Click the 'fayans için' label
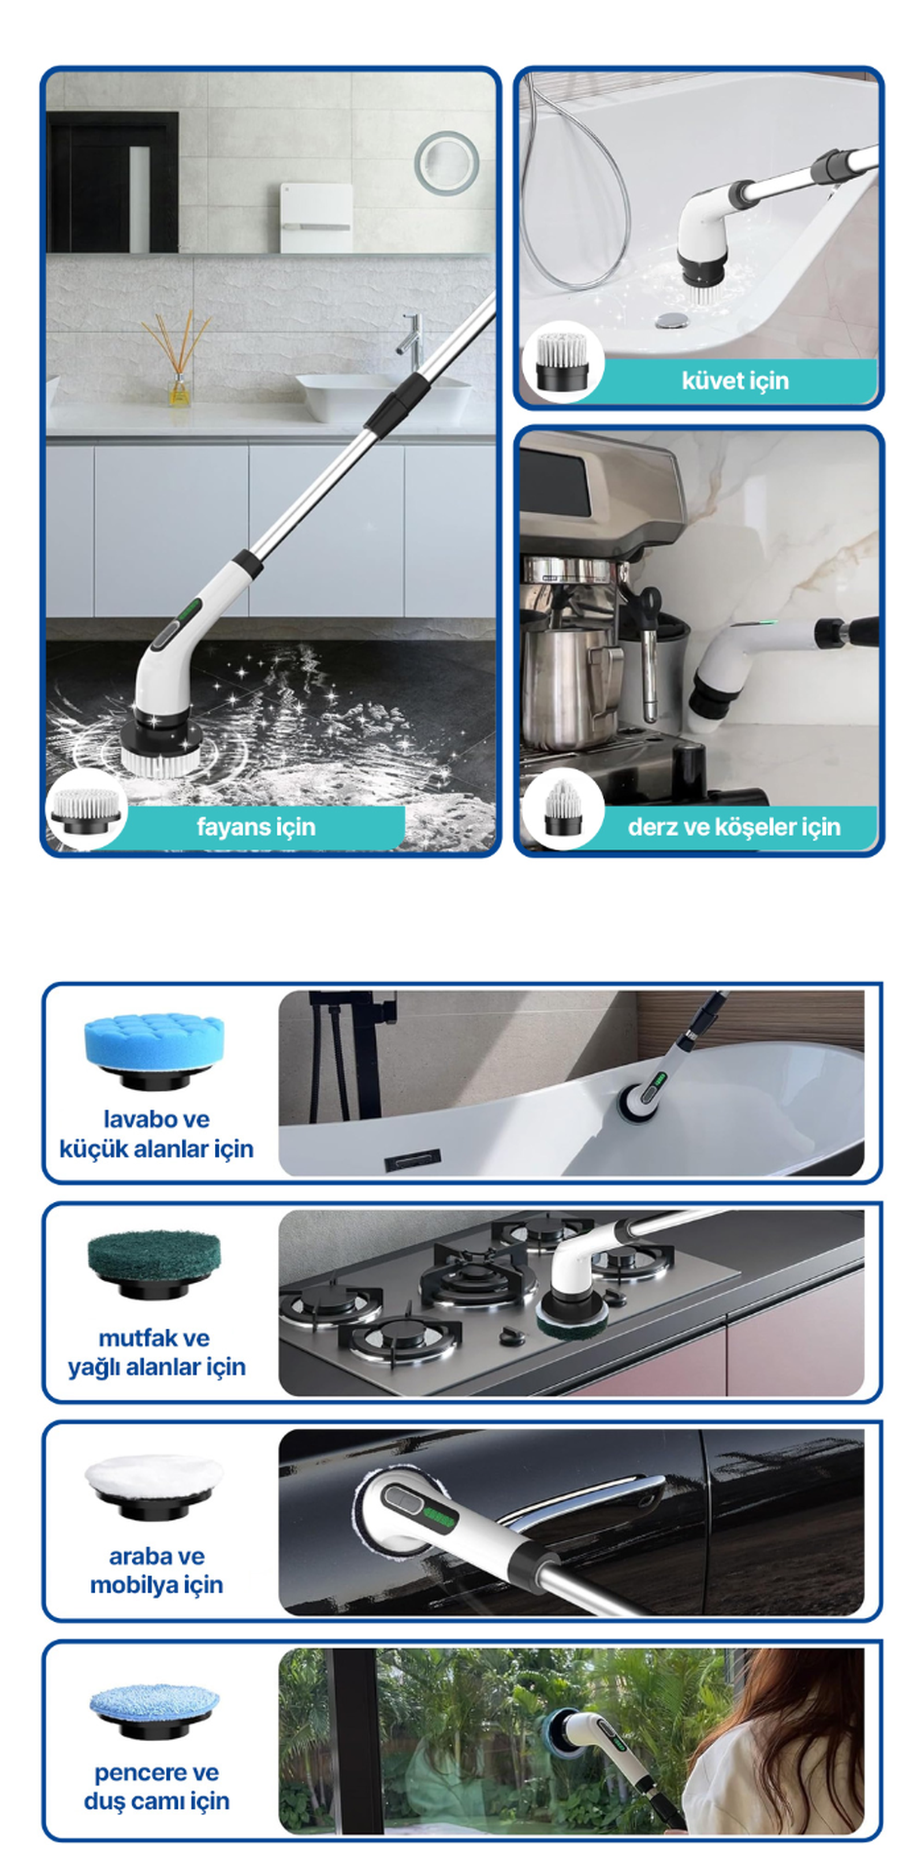[255, 827]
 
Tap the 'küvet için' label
[735, 381]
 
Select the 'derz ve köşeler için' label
[734, 827]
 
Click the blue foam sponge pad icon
[154, 1050]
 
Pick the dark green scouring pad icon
[154, 1265]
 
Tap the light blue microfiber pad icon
[154, 1709]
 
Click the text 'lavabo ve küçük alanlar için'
[157, 1134]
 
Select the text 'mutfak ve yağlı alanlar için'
[157, 1353]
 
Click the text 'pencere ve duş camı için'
[157, 1787]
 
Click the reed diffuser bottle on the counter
[179, 390]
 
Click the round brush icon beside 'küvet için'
[562, 361]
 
